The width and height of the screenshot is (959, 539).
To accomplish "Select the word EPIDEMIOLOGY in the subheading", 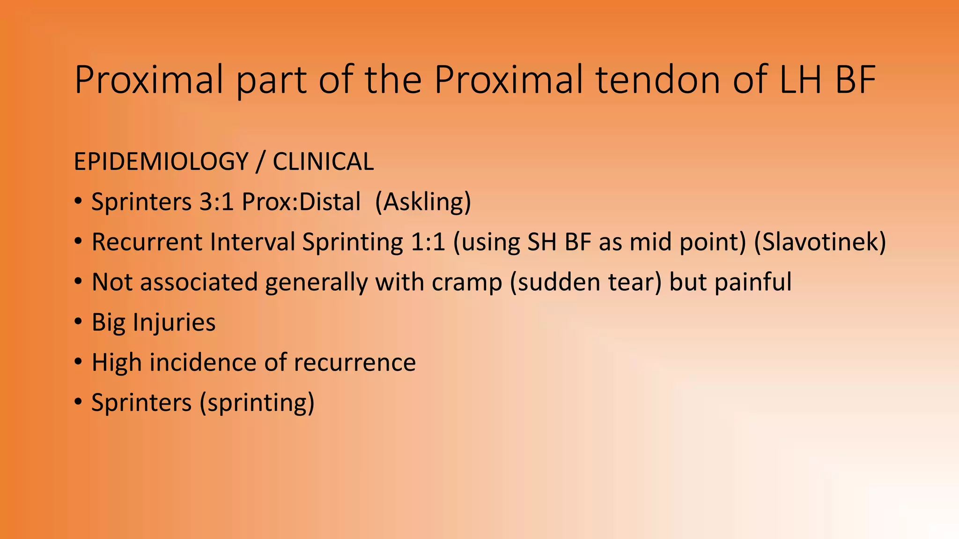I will coord(161,162).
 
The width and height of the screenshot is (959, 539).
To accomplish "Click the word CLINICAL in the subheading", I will coord(323,162).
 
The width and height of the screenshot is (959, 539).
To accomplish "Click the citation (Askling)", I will coord(423,202).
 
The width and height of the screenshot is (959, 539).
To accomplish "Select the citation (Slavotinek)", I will coord(820,242).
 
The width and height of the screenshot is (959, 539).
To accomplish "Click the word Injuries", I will coord(174,323).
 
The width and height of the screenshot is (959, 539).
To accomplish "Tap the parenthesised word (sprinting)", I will coord(257,403).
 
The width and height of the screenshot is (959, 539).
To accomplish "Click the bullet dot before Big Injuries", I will coord(78,322).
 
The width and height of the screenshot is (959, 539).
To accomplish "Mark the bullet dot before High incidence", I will coord(78,362).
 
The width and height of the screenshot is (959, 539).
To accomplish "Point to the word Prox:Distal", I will coord(301,202).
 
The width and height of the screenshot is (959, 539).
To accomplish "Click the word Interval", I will coord(252,242).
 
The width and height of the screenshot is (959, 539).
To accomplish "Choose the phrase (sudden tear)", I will coord(586,283).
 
